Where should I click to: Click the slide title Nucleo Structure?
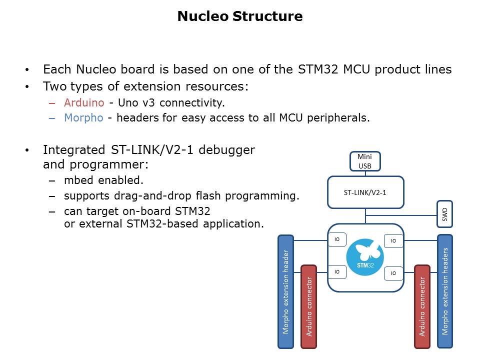(x=240, y=16)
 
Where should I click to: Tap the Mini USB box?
(x=364, y=161)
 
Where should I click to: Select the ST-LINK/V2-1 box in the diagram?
(x=365, y=192)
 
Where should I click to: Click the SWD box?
(x=444, y=215)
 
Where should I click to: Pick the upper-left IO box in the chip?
(x=337, y=240)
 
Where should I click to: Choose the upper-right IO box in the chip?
(x=393, y=241)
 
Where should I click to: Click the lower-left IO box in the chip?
(x=337, y=272)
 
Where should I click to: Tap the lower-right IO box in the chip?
(x=393, y=273)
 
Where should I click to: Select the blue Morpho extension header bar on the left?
(x=285, y=291)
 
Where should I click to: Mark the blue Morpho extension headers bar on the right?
(x=445, y=291)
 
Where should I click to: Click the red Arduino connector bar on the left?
(x=309, y=306)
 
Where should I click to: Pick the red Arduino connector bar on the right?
(x=422, y=306)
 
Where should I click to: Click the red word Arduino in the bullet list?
(x=84, y=103)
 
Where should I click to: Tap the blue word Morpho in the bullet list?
(x=83, y=118)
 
